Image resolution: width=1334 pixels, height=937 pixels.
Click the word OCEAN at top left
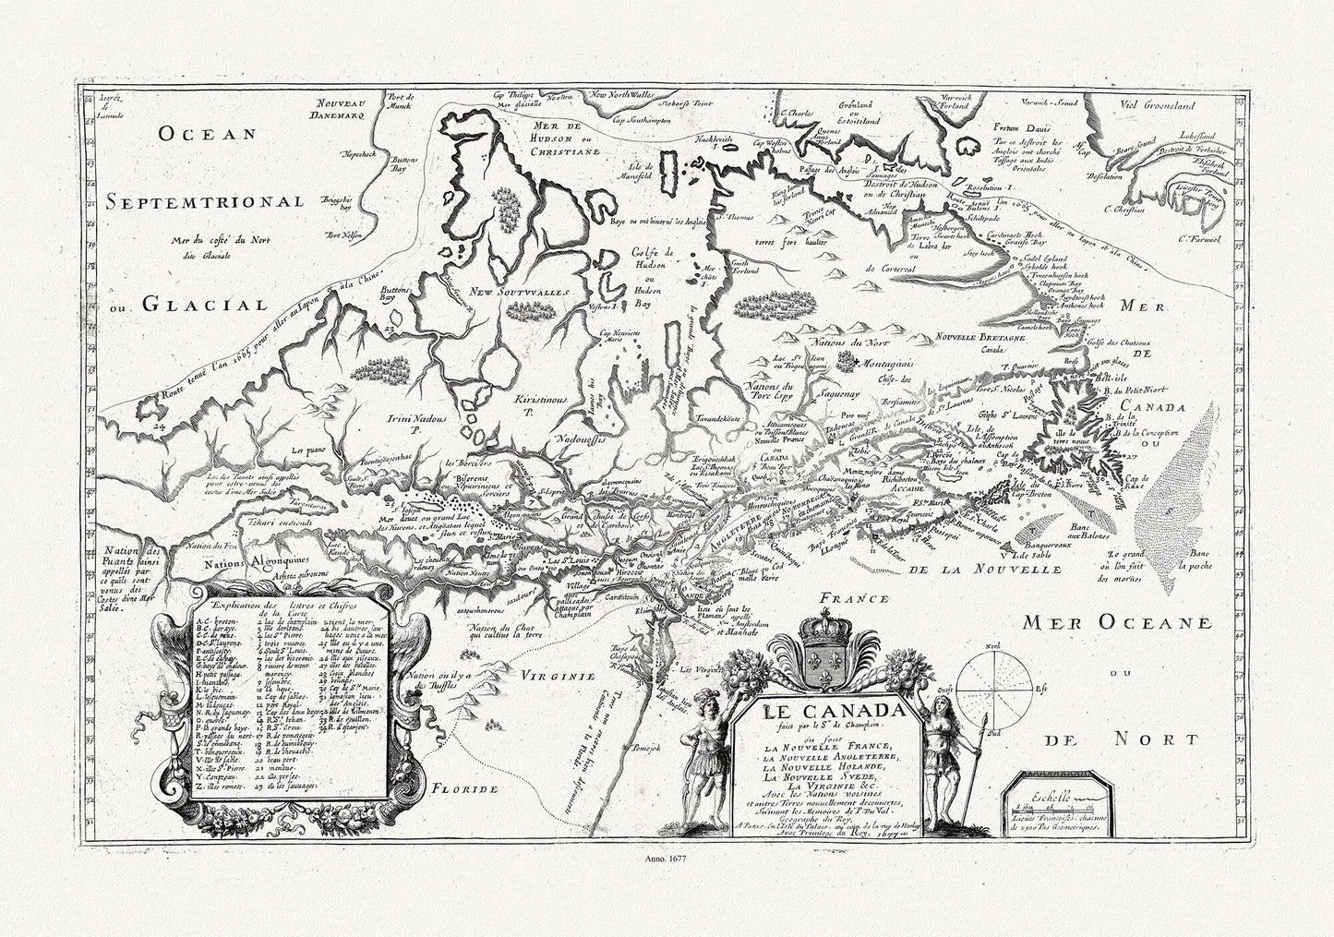coord(205,136)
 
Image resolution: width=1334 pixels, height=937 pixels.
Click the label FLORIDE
coord(466,790)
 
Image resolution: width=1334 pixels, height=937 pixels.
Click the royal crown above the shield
coord(822,633)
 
